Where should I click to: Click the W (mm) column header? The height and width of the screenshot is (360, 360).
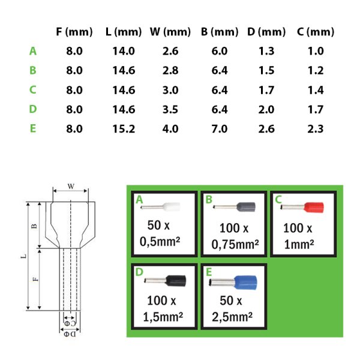coord(170,32)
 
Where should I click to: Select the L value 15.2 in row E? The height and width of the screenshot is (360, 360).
coord(124,129)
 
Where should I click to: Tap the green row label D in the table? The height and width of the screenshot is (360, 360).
coord(33,109)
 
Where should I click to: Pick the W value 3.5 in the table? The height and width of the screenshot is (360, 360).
coord(170,109)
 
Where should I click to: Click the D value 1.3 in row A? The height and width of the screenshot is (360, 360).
coord(266,51)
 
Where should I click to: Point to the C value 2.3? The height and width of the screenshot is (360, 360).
coord(316,129)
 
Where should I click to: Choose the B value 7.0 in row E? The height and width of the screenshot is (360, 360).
coord(220,129)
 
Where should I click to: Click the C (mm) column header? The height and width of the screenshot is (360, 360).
coord(316,32)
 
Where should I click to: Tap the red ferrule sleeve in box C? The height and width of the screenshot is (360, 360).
coord(314,208)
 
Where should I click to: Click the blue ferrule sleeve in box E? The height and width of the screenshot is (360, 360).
coord(245,283)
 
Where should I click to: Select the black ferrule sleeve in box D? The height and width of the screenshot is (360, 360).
coord(176,281)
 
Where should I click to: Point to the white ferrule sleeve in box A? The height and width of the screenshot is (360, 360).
coord(171,206)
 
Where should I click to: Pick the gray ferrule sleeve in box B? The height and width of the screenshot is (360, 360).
coord(246,207)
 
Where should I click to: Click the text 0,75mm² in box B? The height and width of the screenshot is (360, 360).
coord(235,244)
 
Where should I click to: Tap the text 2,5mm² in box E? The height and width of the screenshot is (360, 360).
coord(232,317)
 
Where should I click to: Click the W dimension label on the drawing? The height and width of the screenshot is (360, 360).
coord(71,187)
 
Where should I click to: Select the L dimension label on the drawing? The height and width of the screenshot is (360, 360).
coord(23,256)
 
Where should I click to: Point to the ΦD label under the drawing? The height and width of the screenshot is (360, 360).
coord(70,334)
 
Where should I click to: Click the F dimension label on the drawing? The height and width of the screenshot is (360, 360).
coord(35,279)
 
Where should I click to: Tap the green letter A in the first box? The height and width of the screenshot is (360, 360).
coord(139,200)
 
